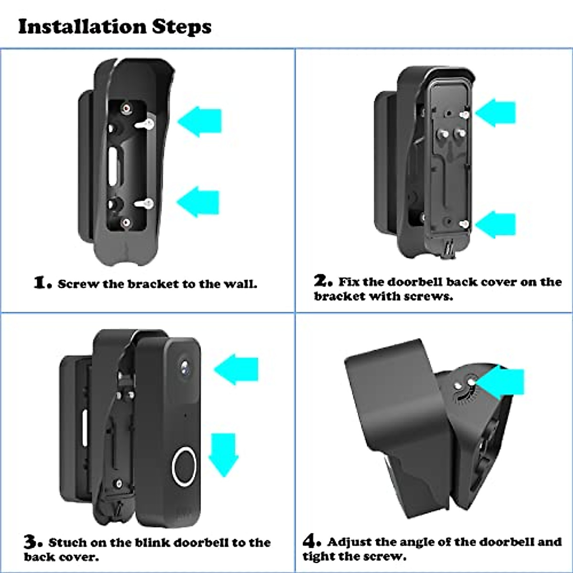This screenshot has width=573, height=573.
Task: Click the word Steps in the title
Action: (x=182, y=27)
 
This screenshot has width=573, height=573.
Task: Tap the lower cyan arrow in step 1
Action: (x=199, y=202)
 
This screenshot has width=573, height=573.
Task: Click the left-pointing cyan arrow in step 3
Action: (x=237, y=370)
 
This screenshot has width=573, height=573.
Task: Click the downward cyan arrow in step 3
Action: (x=223, y=454)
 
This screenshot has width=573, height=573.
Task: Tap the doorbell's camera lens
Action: (x=185, y=366)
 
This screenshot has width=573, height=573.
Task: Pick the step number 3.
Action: (x=32, y=542)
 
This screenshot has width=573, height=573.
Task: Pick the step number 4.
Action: (x=311, y=541)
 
